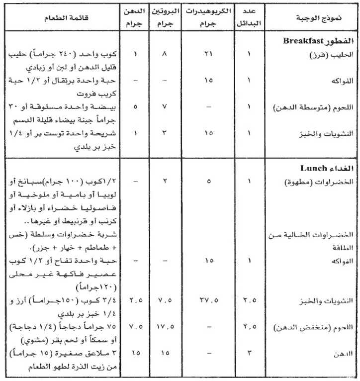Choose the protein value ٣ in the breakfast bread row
164,133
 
